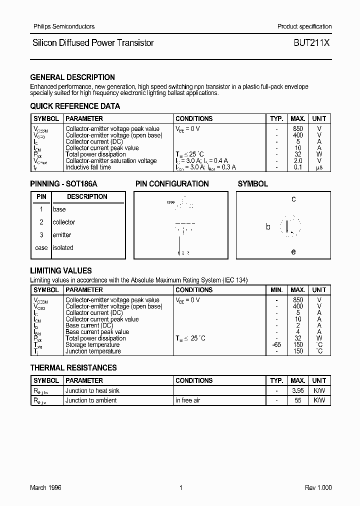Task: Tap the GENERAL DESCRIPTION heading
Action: point(72,77)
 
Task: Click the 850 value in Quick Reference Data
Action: point(298,129)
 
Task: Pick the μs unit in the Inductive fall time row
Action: point(319,167)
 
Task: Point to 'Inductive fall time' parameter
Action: point(88,167)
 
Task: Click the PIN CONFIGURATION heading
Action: point(172,184)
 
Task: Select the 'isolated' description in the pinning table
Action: point(63,247)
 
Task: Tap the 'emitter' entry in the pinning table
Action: point(62,235)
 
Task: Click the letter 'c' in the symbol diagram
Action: point(293,199)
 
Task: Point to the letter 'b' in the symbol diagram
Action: point(268,227)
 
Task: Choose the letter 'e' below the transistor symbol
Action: point(293,252)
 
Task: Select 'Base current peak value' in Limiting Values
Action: point(97,332)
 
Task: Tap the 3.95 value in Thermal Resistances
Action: point(298,390)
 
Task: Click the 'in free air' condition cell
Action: point(188,400)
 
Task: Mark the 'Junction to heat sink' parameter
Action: point(92,390)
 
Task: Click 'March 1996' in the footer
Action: point(45,488)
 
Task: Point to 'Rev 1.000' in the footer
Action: point(318,488)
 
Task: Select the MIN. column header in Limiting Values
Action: point(276,290)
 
